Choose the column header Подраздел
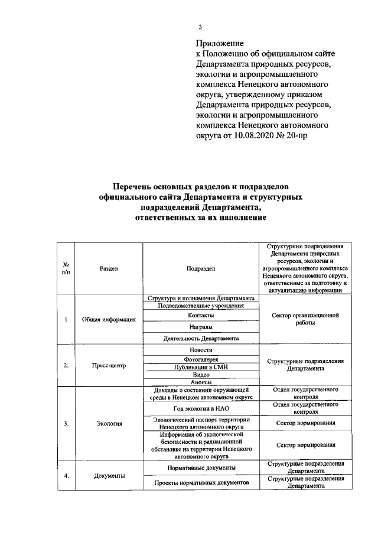coord(201,268)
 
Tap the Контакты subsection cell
coord(201,316)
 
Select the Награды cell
coord(201,327)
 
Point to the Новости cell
coord(201,349)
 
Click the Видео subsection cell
coord(201,374)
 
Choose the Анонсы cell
coord(201,382)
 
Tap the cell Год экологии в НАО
coord(201,408)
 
